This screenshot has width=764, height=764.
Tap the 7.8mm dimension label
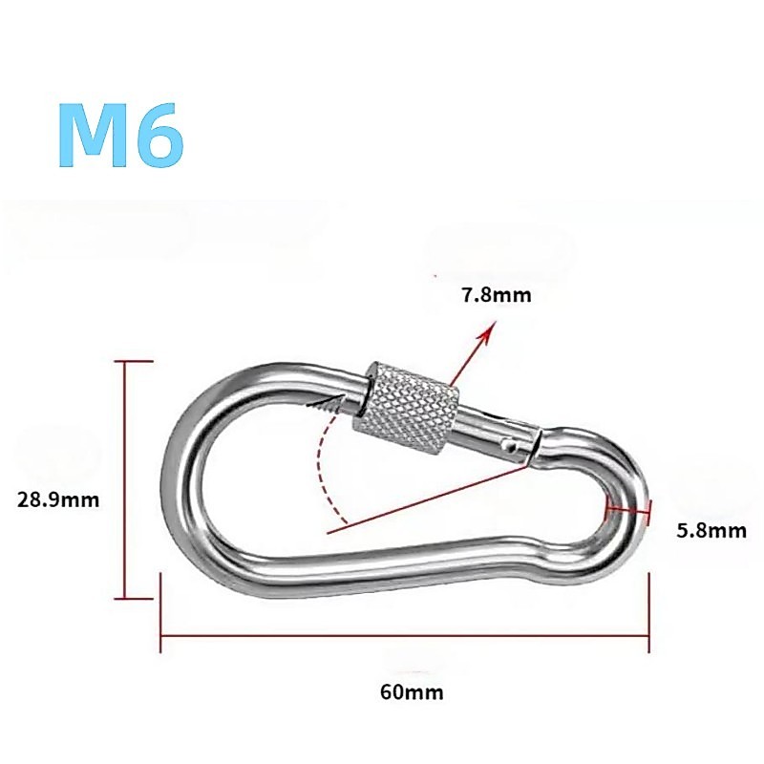click(497, 295)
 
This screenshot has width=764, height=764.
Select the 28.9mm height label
click(58, 499)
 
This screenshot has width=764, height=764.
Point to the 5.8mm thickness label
click(711, 530)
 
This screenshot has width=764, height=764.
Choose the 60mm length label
click(412, 691)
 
